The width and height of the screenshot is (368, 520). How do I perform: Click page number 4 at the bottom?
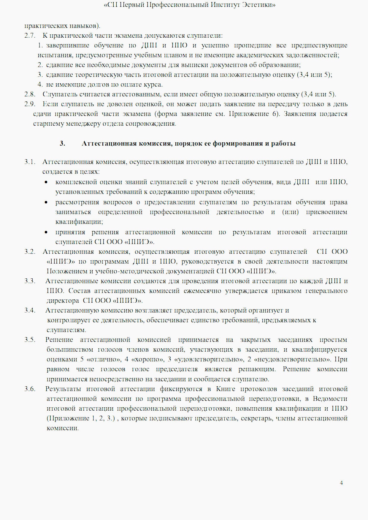[x=341, y=483]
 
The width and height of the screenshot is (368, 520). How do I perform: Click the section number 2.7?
[x=30, y=36]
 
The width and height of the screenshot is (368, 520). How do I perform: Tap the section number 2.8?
[x=30, y=95]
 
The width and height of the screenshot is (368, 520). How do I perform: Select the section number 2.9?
[x=30, y=104]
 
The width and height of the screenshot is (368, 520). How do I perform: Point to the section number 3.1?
[x=30, y=162]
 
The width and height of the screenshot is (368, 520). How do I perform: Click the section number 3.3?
[x=30, y=281]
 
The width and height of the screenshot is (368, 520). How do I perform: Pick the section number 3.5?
[x=30, y=340]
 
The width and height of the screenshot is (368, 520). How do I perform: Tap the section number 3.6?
[x=30, y=389]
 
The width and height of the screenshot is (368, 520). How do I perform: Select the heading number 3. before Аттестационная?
[x=62, y=144]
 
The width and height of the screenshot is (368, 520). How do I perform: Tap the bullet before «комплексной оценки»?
[x=46, y=182]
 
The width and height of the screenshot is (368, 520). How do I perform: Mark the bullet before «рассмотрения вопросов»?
[x=46, y=202]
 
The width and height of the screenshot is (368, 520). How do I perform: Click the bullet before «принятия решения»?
[x=46, y=232]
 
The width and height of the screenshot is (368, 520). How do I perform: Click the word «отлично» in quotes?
[x=104, y=360]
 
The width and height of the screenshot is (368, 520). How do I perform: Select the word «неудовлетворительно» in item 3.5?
[x=293, y=360]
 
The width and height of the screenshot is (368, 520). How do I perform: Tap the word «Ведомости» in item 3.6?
[x=330, y=399]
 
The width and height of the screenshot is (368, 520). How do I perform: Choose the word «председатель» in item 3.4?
[x=195, y=311]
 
